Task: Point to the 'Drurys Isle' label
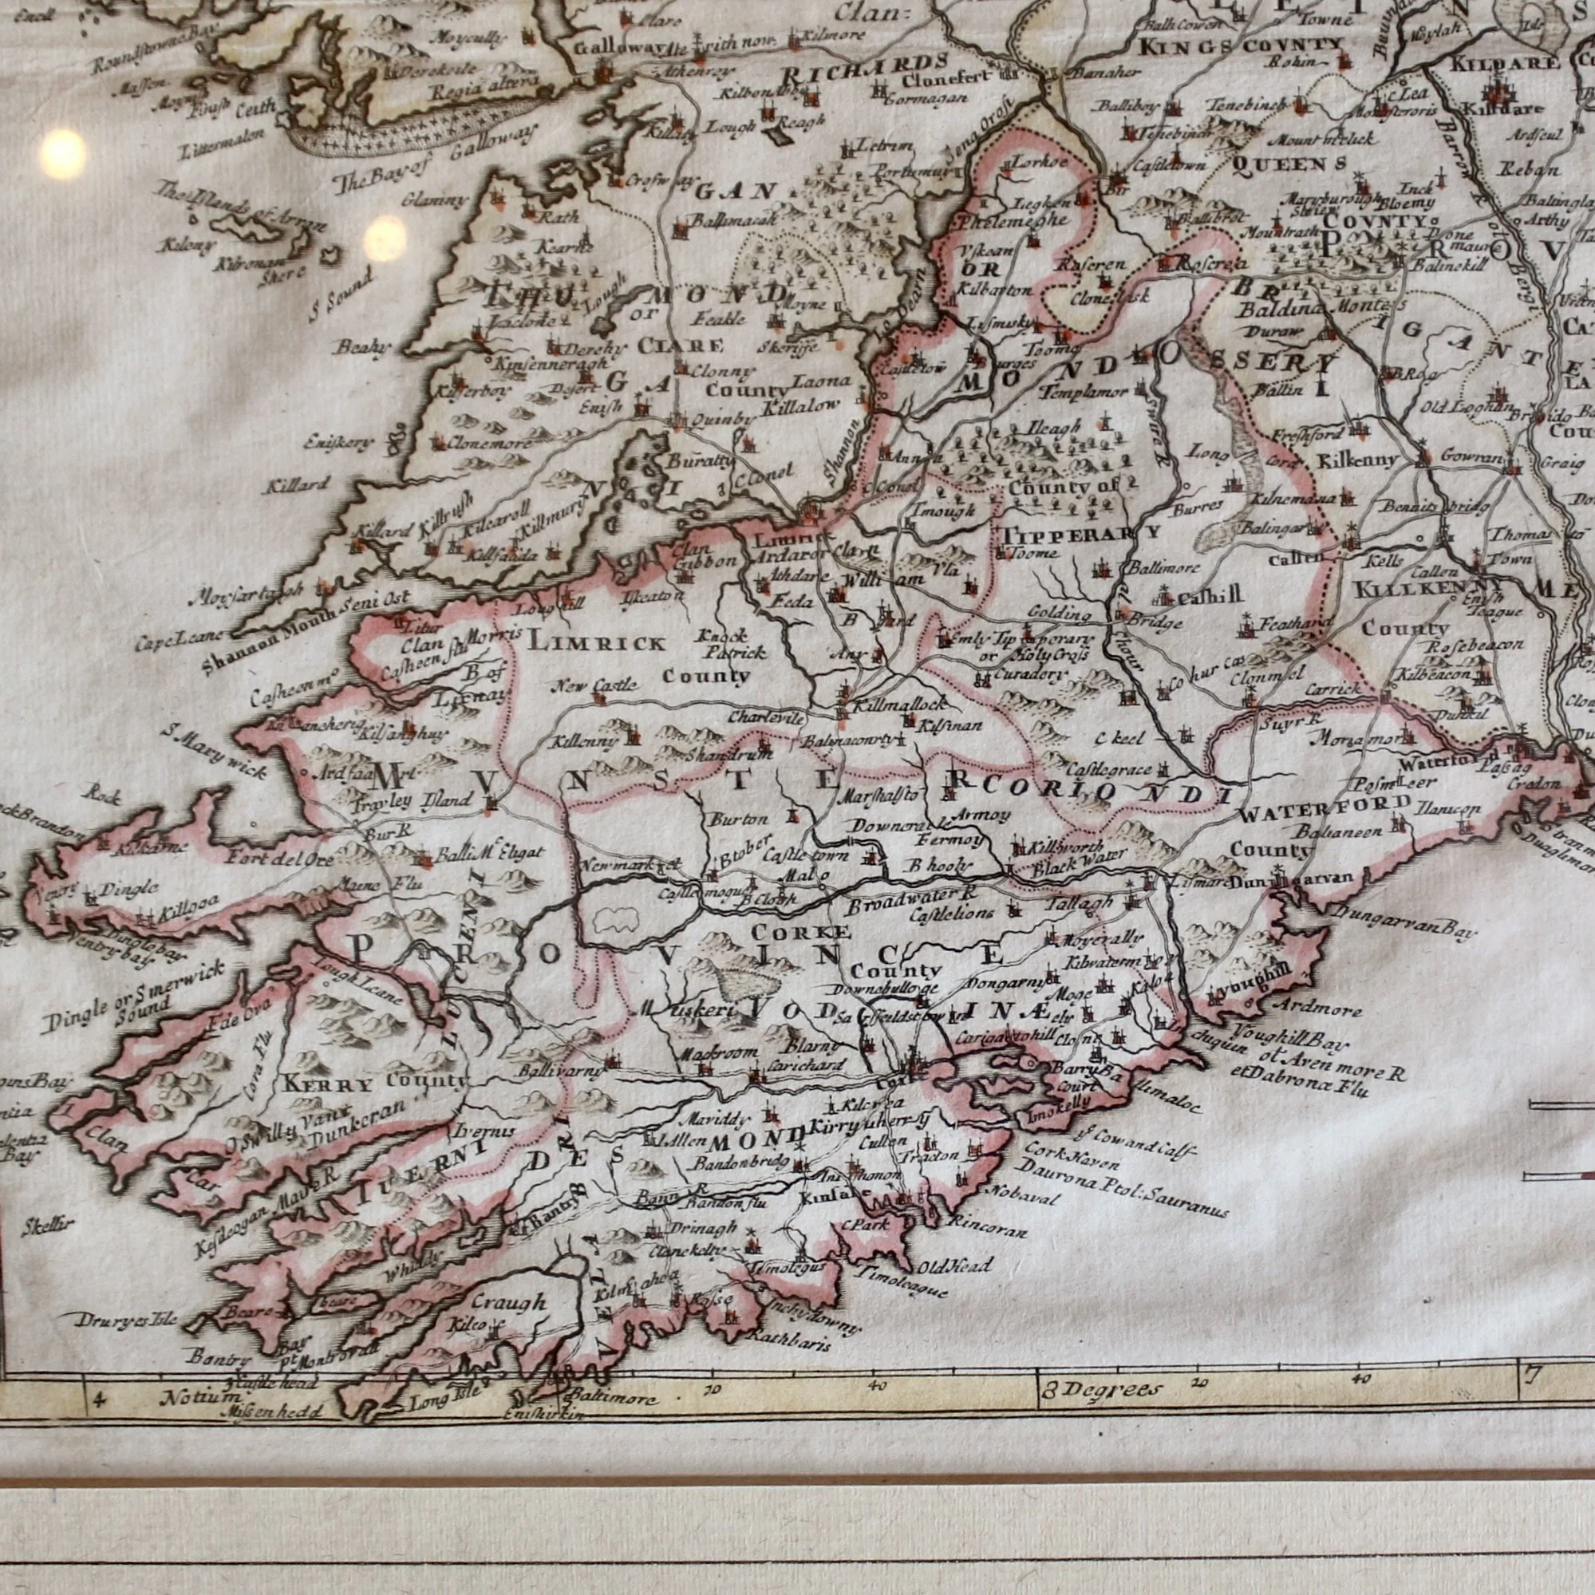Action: pyautogui.click(x=114, y=1320)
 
